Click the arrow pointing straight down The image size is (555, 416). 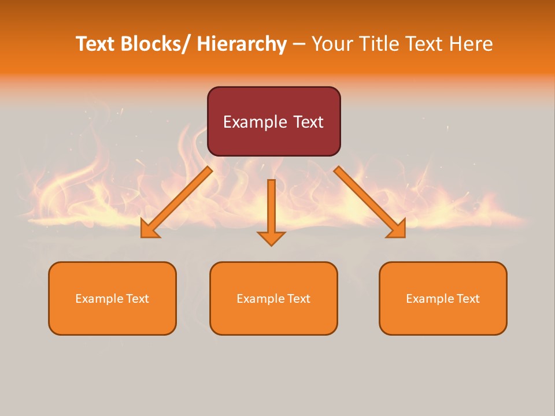(271, 208)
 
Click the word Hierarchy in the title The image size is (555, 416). (242, 44)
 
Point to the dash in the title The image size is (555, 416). (299, 44)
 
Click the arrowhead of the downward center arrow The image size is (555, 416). (271, 238)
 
